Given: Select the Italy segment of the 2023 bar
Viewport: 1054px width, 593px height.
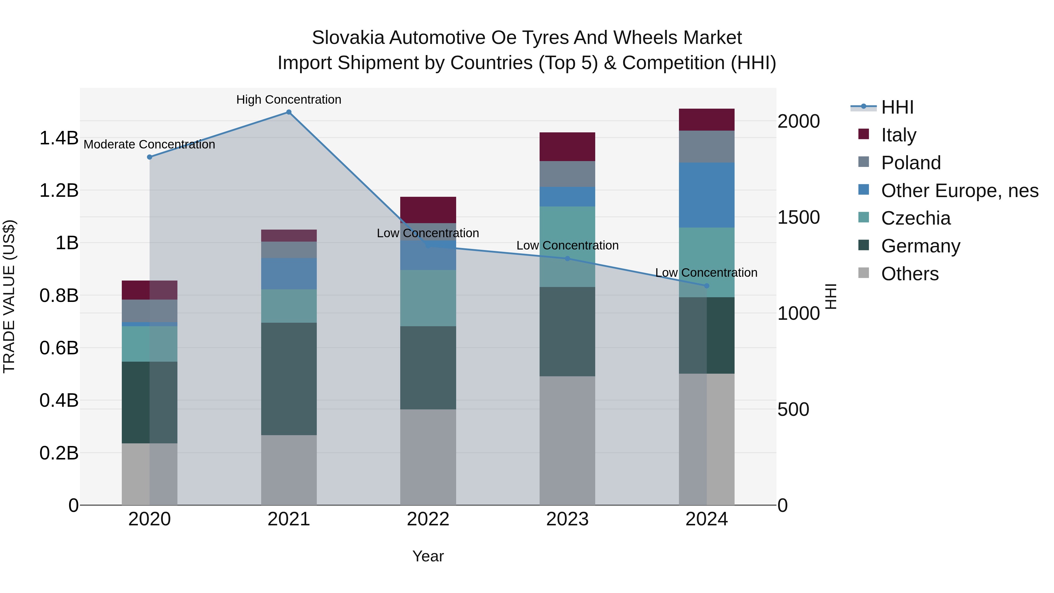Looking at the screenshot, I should tap(567, 146).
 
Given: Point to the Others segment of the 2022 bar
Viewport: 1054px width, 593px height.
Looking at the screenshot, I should tap(428, 457).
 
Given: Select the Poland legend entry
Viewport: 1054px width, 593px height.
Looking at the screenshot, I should tap(911, 163).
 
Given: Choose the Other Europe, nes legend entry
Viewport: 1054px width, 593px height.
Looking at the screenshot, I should tap(959, 191).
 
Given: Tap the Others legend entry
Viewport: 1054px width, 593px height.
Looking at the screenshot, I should tap(910, 274).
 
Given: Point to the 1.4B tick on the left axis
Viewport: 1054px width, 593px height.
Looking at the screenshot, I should tap(59, 138).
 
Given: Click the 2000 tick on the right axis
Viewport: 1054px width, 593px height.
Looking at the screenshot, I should tap(798, 122).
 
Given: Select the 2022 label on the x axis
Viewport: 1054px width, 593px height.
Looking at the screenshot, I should tap(428, 519).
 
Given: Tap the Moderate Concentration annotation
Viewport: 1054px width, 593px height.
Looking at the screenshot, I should tap(149, 144).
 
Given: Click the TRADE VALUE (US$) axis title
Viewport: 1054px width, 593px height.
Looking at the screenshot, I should tap(9, 296).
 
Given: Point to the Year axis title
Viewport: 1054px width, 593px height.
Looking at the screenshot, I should tap(428, 556).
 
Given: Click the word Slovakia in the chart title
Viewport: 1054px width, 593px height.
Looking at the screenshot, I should tap(348, 38).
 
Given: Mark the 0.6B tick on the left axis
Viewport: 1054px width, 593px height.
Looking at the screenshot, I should tap(59, 348).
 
